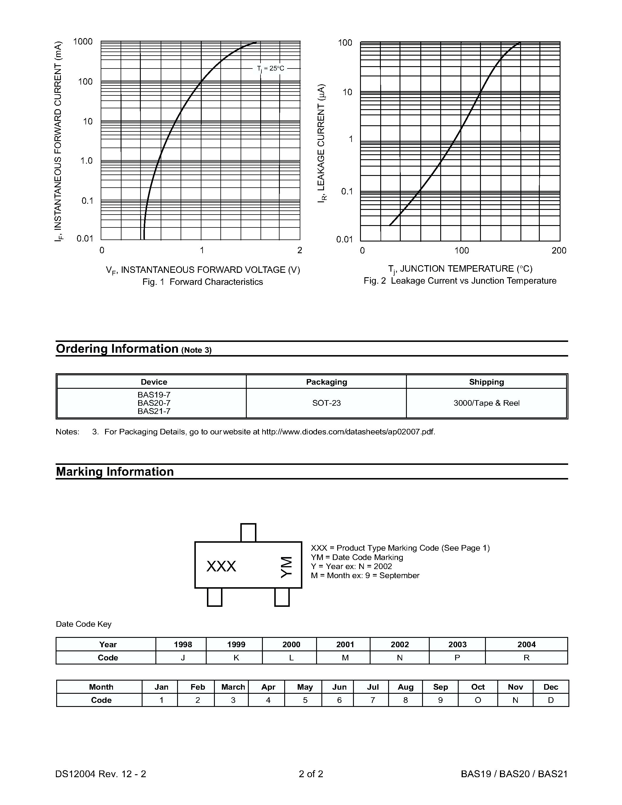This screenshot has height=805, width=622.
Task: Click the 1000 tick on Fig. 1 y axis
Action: click(x=83, y=42)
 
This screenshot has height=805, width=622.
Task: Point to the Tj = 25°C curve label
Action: click(x=270, y=68)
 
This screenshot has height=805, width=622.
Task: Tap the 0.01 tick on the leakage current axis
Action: click(x=345, y=239)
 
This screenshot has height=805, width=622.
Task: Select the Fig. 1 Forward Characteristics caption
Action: click(x=203, y=282)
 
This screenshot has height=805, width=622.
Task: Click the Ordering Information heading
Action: click(x=117, y=349)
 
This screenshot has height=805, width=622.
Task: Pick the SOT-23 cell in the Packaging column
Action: click(x=326, y=403)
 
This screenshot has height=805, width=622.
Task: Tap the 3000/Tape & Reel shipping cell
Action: click(x=486, y=403)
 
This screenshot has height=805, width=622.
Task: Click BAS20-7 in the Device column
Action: click(x=154, y=403)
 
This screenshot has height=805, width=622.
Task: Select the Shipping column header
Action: click(x=486, y=382)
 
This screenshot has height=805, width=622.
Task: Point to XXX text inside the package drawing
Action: click(x=221, y=566)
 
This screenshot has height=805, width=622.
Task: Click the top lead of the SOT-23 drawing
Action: click(x=248, y=532)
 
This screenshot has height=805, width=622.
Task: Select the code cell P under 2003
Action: click(x=457, y=657)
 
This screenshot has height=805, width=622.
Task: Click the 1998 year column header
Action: click(x=183, y=644)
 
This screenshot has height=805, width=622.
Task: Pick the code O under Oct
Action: click(x=478, y=700)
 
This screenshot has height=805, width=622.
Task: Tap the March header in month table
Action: click(x=233, y=687)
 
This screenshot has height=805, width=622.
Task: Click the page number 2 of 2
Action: click(x=311, y=774)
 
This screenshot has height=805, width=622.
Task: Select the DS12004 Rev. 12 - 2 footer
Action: click(x=101, y=774)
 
